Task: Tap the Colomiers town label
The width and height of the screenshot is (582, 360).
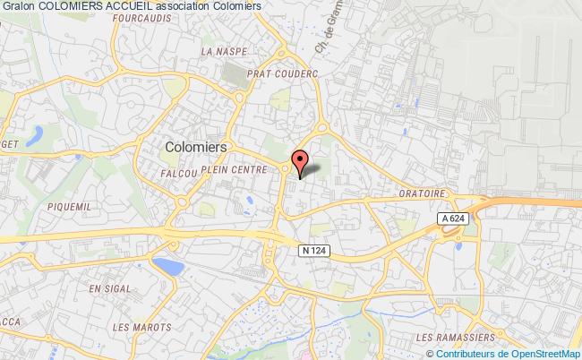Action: click(x=196, y=144)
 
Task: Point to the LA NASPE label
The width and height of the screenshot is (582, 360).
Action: click(x=218, y=51)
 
